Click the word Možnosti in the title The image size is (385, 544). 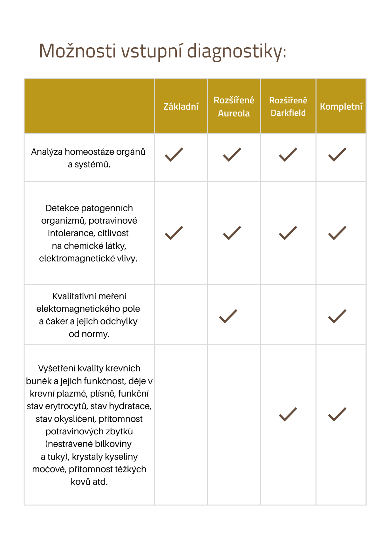(77, 51)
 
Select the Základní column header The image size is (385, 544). (181, 107)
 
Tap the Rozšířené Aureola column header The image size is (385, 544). (234, 107)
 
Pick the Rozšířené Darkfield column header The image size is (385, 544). (288, 107)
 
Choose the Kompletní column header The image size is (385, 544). (341, 107)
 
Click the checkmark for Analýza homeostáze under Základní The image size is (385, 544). (174, 155)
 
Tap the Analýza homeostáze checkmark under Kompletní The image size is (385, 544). (337, 155)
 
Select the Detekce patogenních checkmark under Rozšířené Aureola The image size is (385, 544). (232, 233)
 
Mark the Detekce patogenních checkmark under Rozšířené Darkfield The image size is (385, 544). (288, 233)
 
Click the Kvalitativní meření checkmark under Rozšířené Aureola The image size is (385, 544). (228, 316)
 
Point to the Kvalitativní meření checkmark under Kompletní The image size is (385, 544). (337, 316)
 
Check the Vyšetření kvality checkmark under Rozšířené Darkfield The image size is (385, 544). (288, 414)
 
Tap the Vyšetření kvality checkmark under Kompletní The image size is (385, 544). (337, 414)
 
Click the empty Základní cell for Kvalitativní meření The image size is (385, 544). (181, 314)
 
